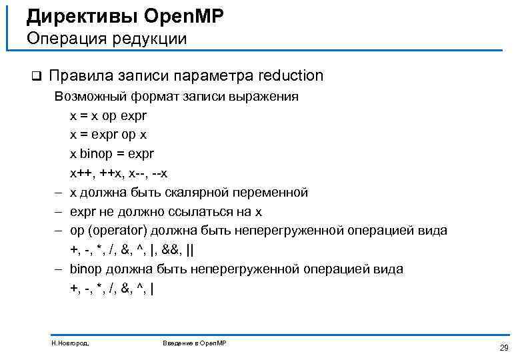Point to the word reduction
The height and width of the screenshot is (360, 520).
click(x=289, y=76)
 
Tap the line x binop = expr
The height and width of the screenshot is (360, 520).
click(x=112, y=154)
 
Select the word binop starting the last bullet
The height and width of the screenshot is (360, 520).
click(x=87, y=270)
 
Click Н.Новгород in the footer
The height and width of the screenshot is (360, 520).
click(x=70, y=343)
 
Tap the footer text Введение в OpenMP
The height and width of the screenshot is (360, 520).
click(x=195, y=343)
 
